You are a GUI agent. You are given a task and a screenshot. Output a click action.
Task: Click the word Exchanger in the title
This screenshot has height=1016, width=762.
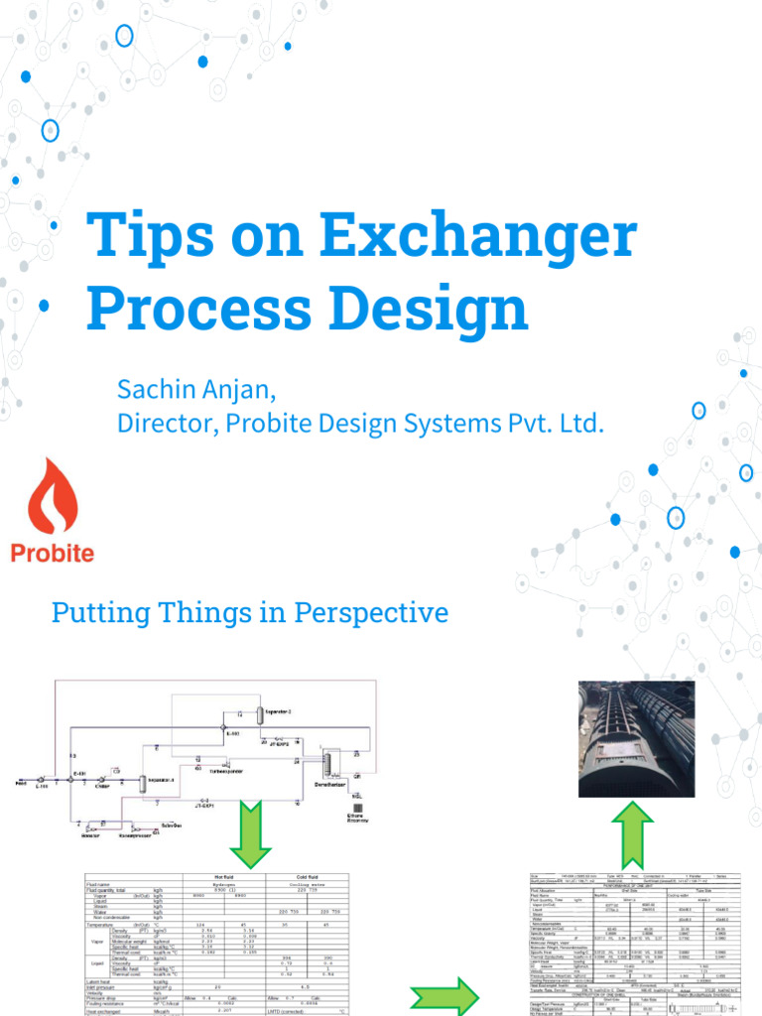(478, 236)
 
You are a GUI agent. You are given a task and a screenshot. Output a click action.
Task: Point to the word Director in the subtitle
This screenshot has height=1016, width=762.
(164, 424)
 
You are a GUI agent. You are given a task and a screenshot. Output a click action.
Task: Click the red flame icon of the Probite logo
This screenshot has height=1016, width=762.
(52, 496)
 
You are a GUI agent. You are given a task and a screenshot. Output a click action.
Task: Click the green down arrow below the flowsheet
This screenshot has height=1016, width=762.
(250, 833)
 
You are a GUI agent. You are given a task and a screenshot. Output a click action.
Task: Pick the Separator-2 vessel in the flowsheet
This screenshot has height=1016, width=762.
(256, 712)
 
